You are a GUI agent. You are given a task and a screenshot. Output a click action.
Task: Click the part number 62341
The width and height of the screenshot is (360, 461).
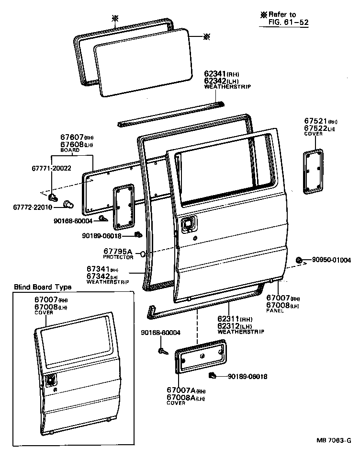(x=215, y=74)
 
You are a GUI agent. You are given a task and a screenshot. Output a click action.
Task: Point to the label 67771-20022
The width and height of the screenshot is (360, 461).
(x=51, y=169)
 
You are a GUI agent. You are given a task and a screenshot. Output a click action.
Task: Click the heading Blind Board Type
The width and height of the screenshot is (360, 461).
(x=43, y=287)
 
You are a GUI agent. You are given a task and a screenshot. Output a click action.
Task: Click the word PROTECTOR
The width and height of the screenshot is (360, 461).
(x=118, y=257)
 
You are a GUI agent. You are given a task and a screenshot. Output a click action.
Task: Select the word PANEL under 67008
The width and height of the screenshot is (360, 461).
(x=275, y=311)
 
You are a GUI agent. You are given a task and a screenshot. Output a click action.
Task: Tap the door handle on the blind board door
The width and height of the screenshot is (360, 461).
(x=50, y=381)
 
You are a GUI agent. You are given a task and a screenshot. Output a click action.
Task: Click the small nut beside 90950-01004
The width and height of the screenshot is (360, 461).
(x=299, y=260)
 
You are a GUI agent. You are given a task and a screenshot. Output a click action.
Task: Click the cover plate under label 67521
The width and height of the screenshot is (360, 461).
(x=314, y=171)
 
